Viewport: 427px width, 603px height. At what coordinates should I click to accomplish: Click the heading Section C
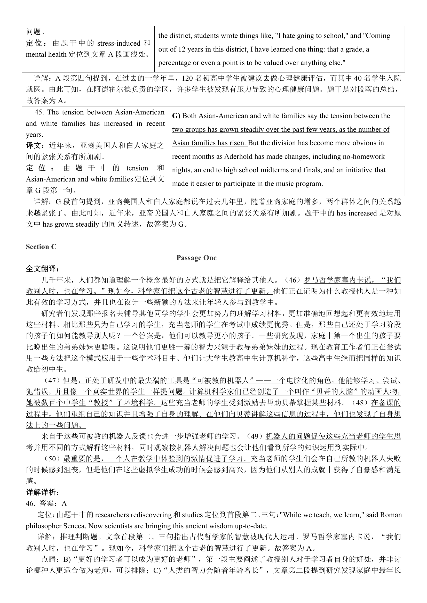(x=41, y=247)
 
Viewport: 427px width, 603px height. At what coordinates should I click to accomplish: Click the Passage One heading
(x=196, y=258)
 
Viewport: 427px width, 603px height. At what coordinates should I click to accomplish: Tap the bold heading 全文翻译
(x=42, y=269)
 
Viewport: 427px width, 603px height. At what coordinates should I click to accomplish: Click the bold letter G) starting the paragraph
(x=176, y=116)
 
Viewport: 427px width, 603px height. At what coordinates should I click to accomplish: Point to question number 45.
(x=39, y=112)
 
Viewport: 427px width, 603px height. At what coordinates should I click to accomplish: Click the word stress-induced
(x=119, y=43)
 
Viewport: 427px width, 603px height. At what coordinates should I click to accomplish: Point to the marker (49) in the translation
(x=256, y=436)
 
